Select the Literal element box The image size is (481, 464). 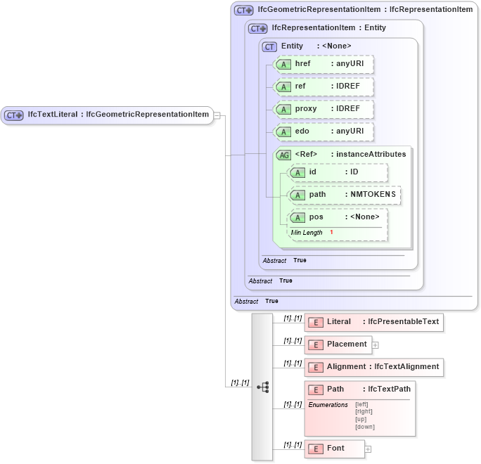[x=373, y=322]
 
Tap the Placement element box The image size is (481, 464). [x=338, y=344]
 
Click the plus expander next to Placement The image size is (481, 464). [x=376, y=345]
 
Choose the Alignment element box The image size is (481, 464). [x=373, y=366]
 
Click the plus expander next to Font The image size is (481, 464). [x=368, y=449]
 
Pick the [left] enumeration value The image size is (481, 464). [x=361, y=404]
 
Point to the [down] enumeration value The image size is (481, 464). [x=364, y=427]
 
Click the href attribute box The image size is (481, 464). [x=323, y=65]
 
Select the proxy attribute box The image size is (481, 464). [x=323, y=109]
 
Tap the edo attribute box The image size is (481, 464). [x=323, y=131]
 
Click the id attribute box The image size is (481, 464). [x=338, y=172]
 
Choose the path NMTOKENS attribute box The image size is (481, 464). [x=345, y=195]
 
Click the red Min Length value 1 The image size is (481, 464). [x=331, y=233]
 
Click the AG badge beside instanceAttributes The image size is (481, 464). [x=283, y=155]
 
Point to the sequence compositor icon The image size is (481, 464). [x=262, y=387]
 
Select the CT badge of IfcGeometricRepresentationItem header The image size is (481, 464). [x=244, y=11]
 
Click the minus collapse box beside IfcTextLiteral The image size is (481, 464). [x=217, y=115]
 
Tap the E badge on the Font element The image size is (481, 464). [x=316, y=449]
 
